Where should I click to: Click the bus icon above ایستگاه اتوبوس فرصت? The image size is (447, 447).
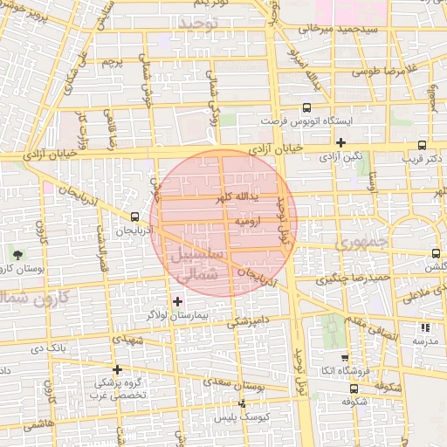[x=306, y=107]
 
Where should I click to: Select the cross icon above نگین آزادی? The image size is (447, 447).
[x=340, y=143]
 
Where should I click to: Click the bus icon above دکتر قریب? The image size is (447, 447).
[x=423, y=146]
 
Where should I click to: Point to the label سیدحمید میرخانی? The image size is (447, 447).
[x=339, y=29]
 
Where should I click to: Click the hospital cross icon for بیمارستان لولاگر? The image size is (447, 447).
[x=178, y=301]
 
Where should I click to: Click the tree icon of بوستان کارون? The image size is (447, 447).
[x=18, y=255]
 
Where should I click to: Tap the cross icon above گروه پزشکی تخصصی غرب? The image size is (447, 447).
[x=117, y=369]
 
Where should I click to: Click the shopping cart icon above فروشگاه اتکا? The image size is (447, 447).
[x=345, y=358]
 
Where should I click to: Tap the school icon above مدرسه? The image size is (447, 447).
[x=425, y=328]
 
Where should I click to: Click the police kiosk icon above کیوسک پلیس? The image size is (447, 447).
[x=242, y=404]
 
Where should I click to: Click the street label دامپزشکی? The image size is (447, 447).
[x=244, y=320]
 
